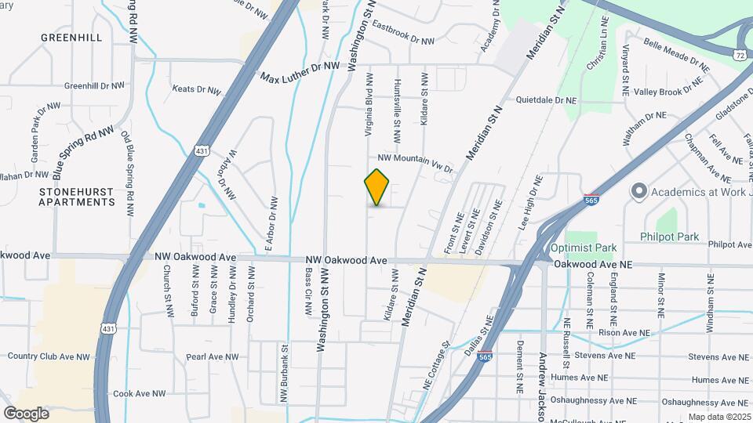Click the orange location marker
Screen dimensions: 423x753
[377, 187]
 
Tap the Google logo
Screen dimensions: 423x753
[26, 413]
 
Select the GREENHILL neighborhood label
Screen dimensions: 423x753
[71, 37]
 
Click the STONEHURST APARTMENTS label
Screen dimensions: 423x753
[77, 196]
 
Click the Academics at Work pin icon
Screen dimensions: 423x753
[638, 191]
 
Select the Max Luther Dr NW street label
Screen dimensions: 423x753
[300, 72]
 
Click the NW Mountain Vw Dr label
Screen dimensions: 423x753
[416, 163]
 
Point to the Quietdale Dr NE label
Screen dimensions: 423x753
[547, 100]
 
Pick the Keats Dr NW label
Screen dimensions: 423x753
[196, 90]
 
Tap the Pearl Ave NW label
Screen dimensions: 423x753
[212, 356]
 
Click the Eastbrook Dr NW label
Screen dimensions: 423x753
[403, 33]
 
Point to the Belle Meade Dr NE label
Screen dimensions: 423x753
[675, 56]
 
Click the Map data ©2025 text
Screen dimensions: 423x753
[719, 417]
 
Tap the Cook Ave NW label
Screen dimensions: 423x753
[140, 393]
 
